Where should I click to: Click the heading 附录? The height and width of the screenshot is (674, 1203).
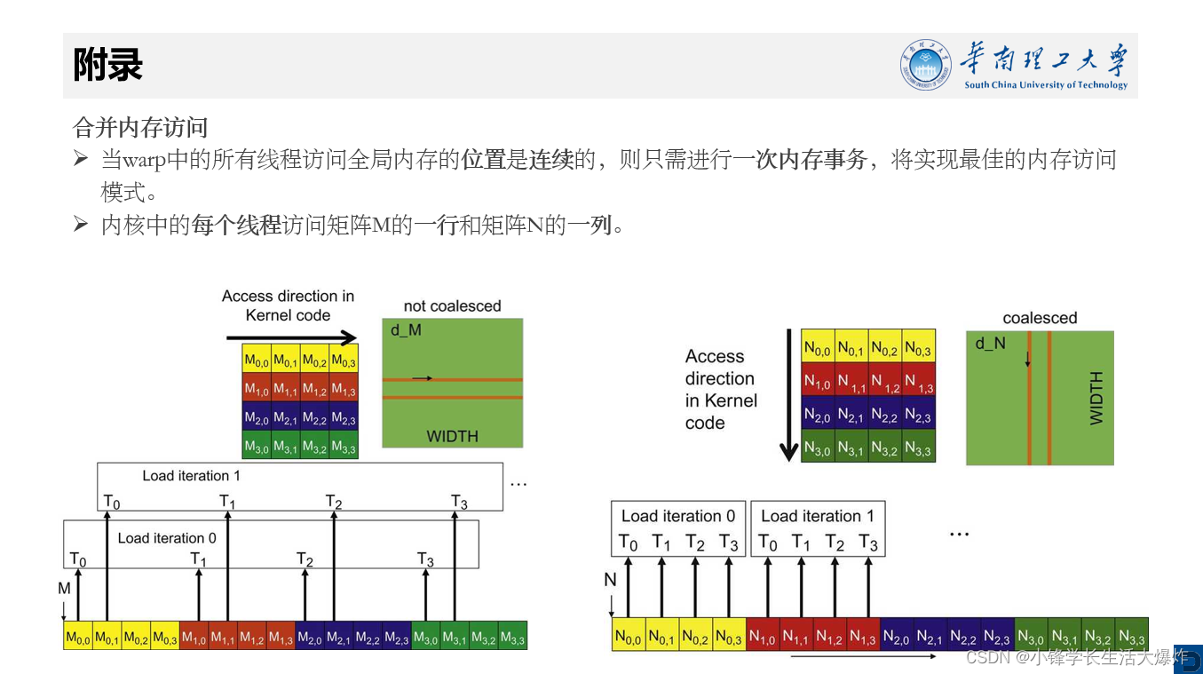click(107, 65)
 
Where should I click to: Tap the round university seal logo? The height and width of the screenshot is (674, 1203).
click(925, 65)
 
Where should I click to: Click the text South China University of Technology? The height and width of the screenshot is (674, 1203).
click(1046, 85)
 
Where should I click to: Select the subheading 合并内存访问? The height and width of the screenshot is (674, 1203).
click(139, 129)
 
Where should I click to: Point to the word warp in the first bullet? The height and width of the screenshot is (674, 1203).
click(143, 161)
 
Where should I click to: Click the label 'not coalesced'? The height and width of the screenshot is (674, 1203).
click(452, 306)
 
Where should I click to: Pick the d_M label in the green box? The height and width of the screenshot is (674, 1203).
click(406, 330)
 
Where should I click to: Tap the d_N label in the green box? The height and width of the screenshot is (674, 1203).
click(990, 343)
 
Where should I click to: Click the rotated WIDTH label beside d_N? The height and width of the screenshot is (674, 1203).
click(1096, 398)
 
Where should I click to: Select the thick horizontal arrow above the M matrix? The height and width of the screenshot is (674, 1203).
click(291, 337)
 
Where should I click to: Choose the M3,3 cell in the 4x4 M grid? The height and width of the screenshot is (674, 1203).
click(344, 446)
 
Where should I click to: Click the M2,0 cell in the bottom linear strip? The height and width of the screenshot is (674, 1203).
click(310, 637)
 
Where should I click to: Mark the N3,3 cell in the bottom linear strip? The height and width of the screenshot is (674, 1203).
click(1131, 637)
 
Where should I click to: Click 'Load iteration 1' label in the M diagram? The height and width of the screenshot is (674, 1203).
click(191, 476)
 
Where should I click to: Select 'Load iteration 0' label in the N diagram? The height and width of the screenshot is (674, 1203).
click(677, 516)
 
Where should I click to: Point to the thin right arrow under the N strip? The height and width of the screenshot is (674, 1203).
click(861, 657)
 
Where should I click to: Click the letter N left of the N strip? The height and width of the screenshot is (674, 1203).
click(610, 580)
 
